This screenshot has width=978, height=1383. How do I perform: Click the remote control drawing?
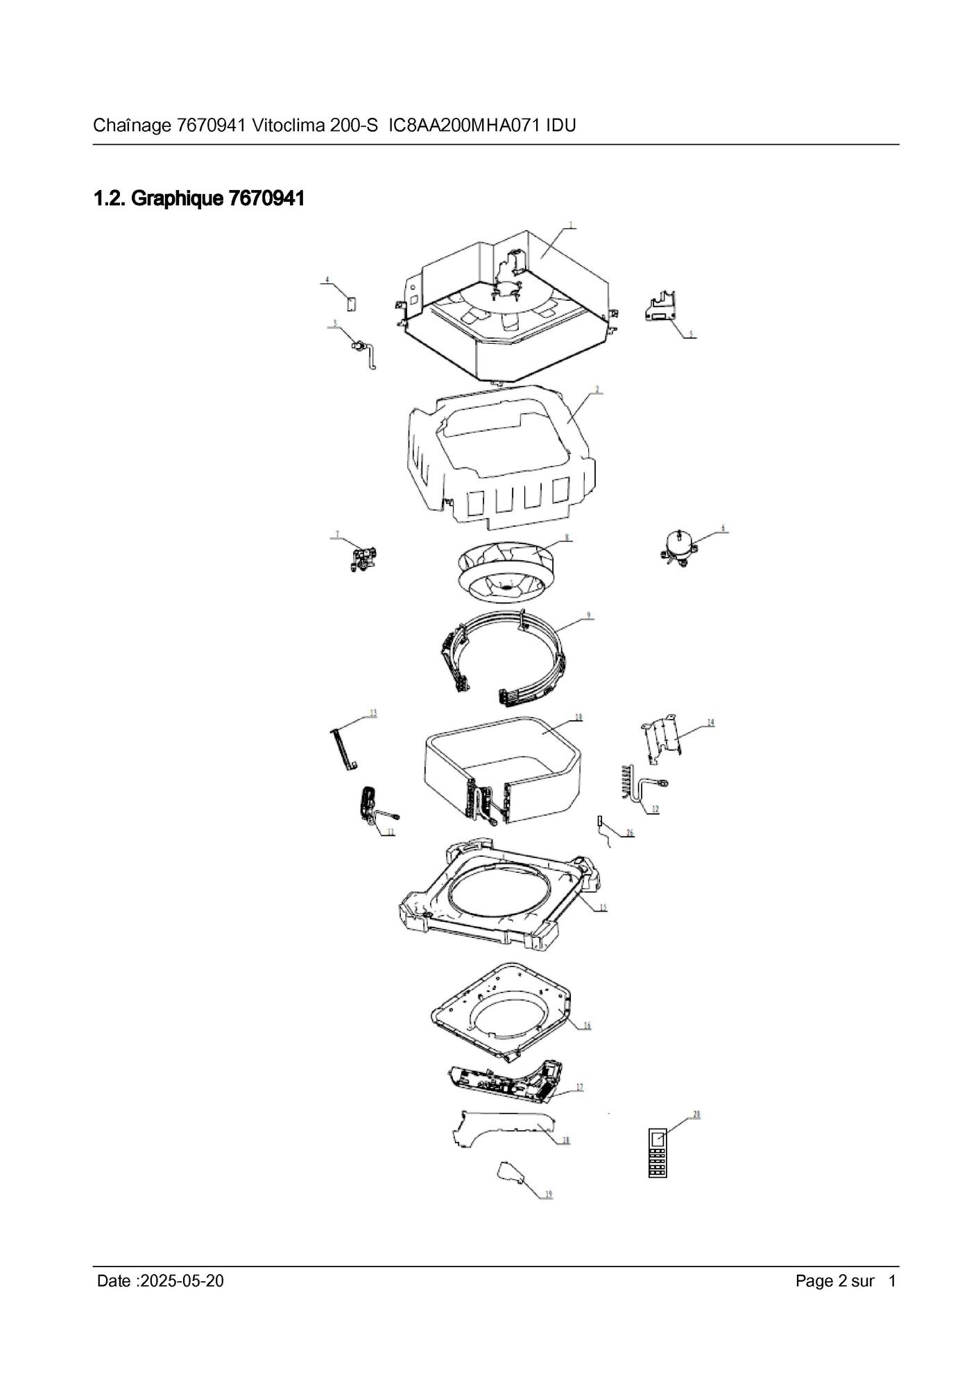pyautogui.click(x=656, y=1153)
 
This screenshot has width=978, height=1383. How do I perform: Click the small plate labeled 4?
pyautogui.click(x=351, y=303)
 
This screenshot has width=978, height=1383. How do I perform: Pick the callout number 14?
pyautogui.click(x=710, y=722)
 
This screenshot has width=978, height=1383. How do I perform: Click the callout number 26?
pyautogui.click(x=629, y=833)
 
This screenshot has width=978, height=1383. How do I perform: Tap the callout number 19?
pyautogui.click(x=548, y=1194)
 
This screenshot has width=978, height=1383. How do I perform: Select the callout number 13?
pyautogui.click(x=372, y=713)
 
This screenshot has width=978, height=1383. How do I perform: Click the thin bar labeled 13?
pyautogui.click(x=345, y=749)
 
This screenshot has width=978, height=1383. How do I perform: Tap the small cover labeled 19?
pyautogui.click(x=511, y=1172)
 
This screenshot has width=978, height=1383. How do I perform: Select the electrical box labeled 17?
pyautogui.click(x=506, y=1083)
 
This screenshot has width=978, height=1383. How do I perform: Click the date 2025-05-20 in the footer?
pyautogui.click(x=182, y=1281)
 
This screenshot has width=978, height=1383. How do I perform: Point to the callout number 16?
pyautogui.click(x=586, y=1025)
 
